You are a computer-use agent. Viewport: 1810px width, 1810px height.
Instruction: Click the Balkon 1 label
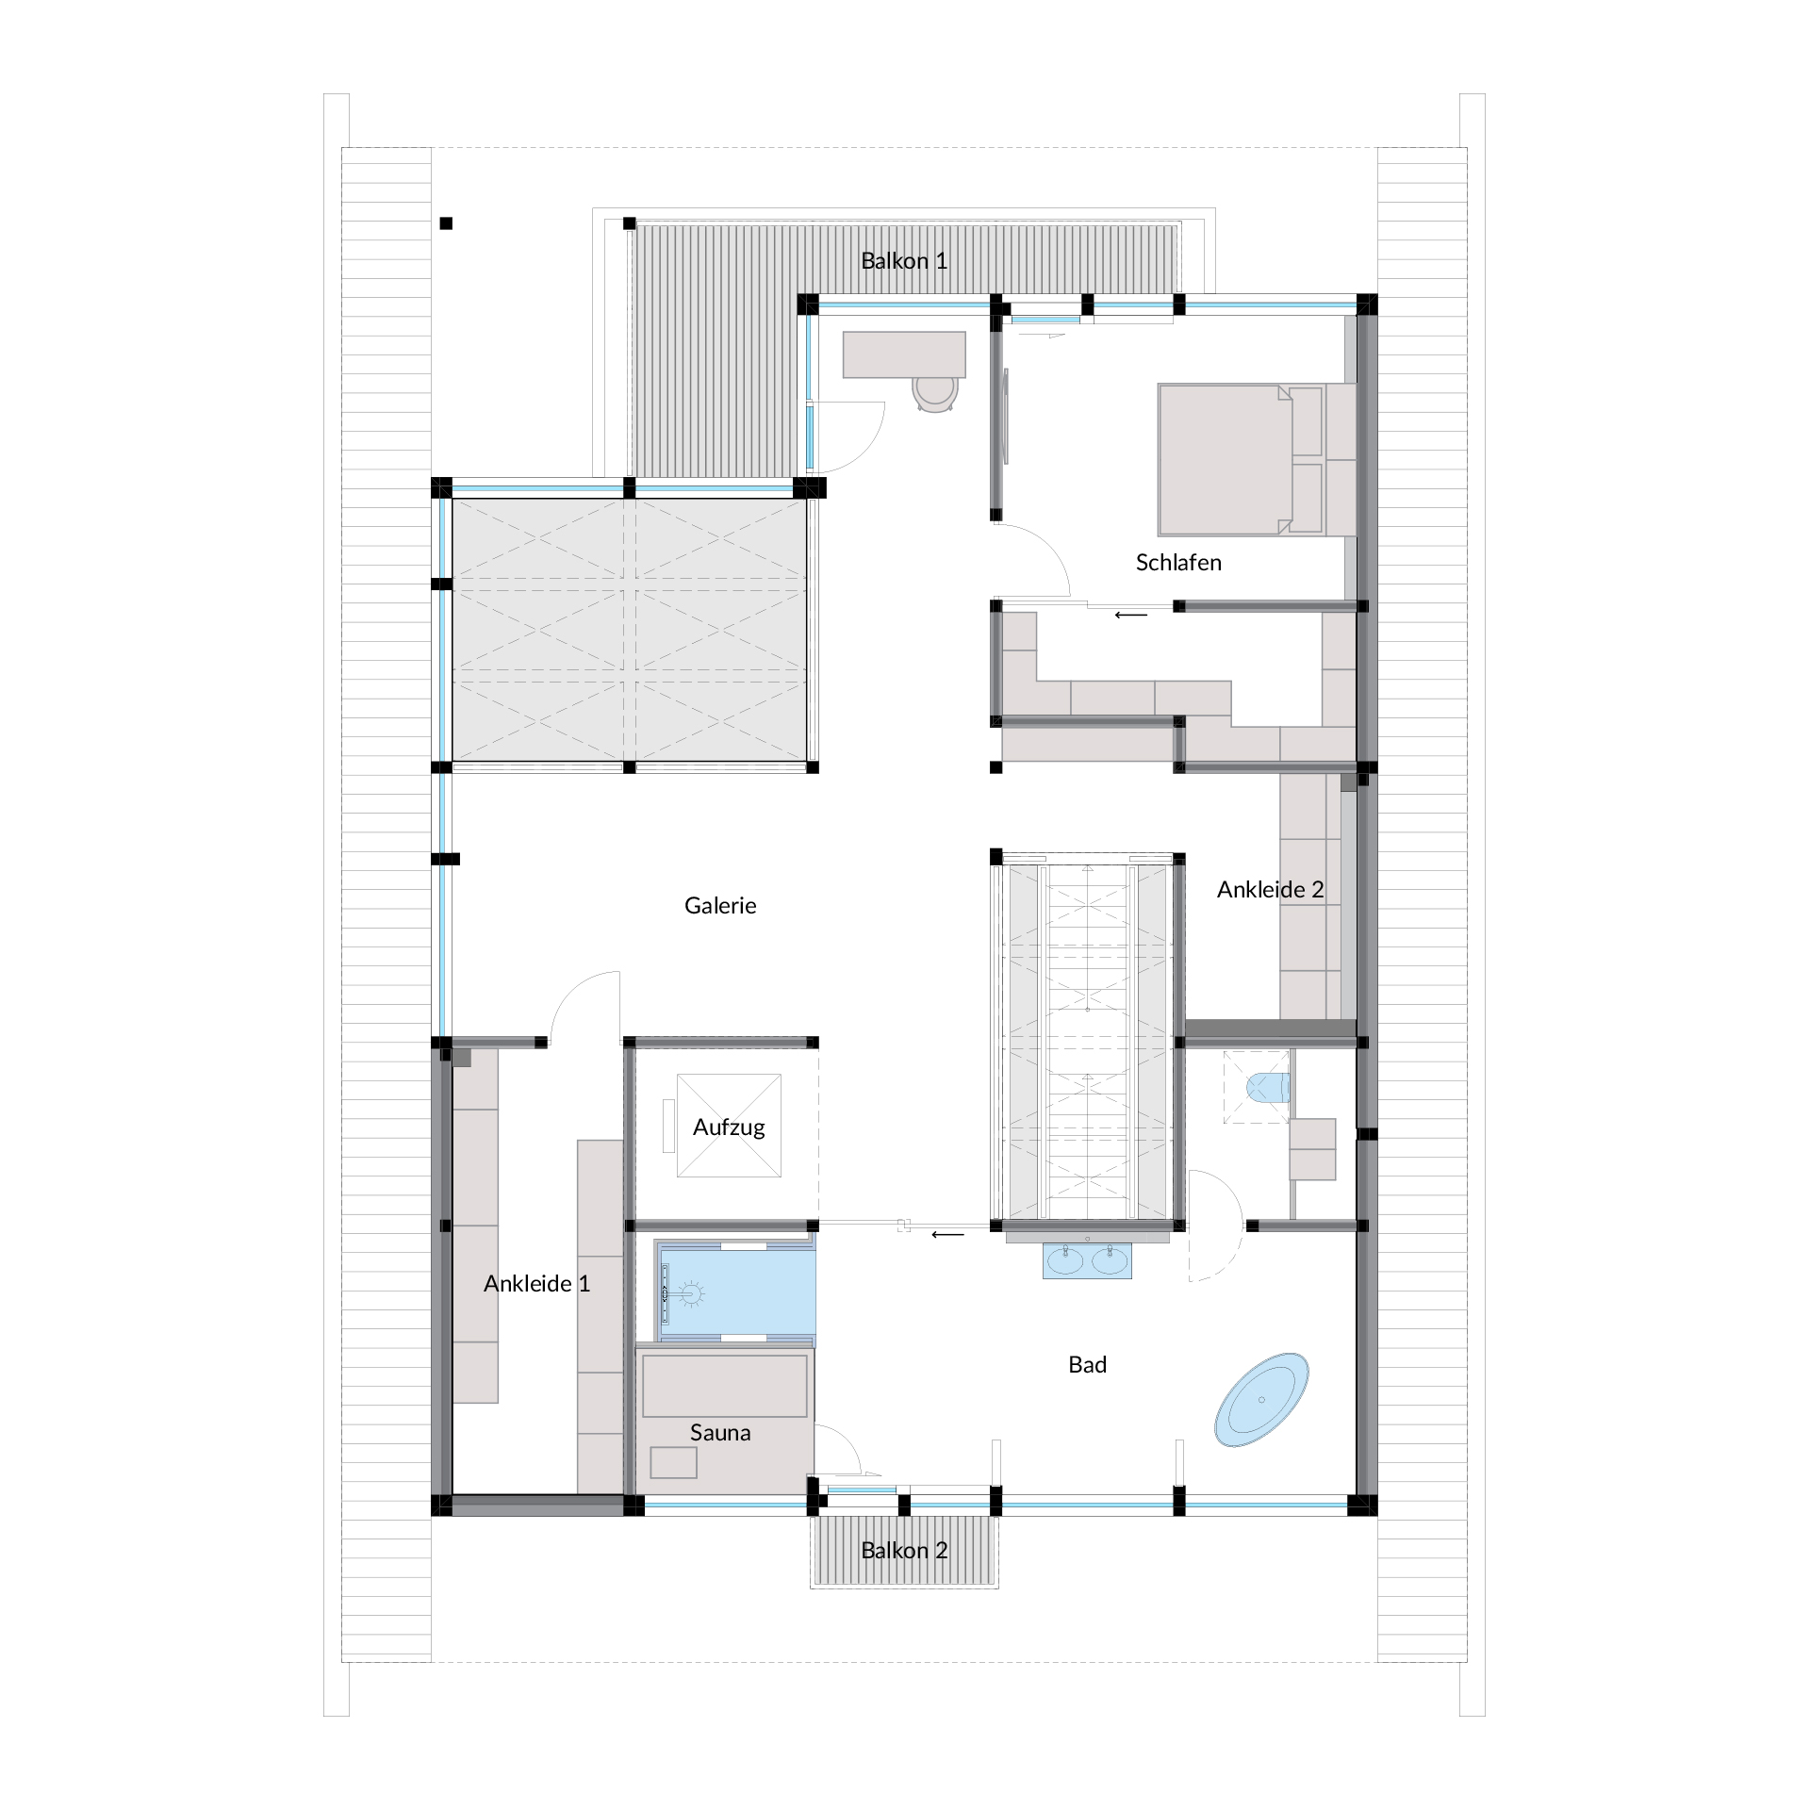pyautogui.click(x=904, y=261)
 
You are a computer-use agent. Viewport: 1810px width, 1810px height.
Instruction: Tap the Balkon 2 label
pyautogui.click(x=904, y=1551)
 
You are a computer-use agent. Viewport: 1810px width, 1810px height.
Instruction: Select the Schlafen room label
pyautogui.click(x=1178, y=563)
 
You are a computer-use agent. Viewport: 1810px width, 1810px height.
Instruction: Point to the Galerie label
pyautogui.click(x=720, y=906)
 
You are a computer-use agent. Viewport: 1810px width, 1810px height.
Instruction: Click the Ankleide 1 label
pyautogui.click(x=536, y=1284)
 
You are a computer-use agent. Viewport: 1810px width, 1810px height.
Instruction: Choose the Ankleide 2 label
pyautogui.click(x=1270, y=890)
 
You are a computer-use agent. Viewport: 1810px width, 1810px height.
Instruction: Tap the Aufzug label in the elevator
pyautogui.click(x=729, y=1127)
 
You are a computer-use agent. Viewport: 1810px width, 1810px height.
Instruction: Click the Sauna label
pyautogui.click(x=720, y=1433)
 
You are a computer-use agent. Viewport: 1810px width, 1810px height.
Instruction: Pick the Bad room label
pyautogui.click(x=1087, y=1365)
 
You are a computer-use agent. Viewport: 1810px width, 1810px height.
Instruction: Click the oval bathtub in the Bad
pyautogui.click(x=1262, y=1400)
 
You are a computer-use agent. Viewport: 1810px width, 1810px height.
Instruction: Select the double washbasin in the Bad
pyautogui.click(x=1087, y=1259)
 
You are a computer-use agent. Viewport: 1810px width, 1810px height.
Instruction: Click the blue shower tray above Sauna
pyautogui.click(x=735, y=1295)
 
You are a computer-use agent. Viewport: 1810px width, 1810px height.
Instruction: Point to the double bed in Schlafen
pyautogui.click(x=1257, y=460)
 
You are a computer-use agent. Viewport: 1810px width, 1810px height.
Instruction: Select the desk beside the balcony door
pyautogui.click(x=904, y=354)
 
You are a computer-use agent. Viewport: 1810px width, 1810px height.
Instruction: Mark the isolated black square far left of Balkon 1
pyautogui.click(x=446, y=223)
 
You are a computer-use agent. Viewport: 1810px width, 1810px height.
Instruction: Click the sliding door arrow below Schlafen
pyautogui.click(x=1131, y=616)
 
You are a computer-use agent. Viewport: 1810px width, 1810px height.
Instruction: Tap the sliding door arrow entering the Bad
pyautogui.click(x=948, y=1234)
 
